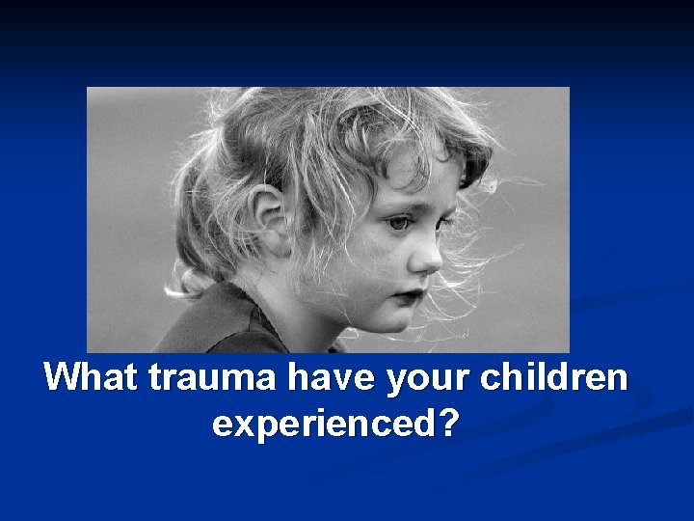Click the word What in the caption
coord(92,377)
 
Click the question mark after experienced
coord(447,424)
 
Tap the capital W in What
coord(66,377)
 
